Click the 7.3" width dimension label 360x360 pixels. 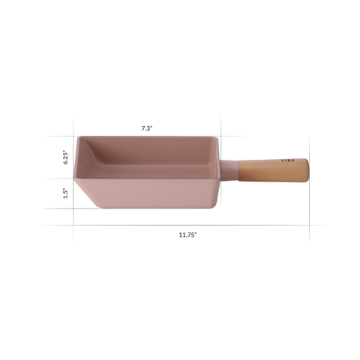tap(147, 128)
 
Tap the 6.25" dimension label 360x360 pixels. tap(66, 157)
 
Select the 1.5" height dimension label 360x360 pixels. tap(66, 193)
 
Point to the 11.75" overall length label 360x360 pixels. tap(187, 235)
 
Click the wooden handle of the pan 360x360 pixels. tap(274, 170)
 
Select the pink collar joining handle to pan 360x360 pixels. tap(229, 170)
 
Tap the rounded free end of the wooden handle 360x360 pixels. tap(307, 170)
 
